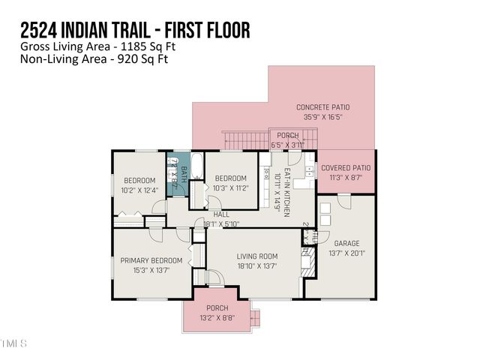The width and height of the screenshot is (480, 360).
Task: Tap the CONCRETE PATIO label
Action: (x=322, y=107)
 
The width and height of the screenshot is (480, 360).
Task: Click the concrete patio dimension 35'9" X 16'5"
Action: (x=322, y=117)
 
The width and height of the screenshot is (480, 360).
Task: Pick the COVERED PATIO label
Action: (x=346, y=168)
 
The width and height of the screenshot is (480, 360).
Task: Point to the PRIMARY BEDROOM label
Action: (x=151, y=260)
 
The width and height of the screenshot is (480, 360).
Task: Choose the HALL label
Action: (x=221, y=214)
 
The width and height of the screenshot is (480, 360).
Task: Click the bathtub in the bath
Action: (x=196, y=166)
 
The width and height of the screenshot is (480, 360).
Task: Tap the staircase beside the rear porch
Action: (x=239, y=139)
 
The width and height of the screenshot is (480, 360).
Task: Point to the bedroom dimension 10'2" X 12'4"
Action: (x=139, y=190)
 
